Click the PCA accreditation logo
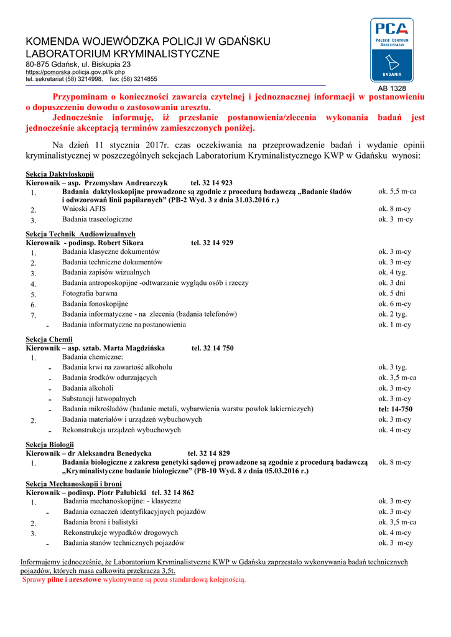(x=391, y=50)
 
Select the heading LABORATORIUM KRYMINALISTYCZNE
(x=123, y=54)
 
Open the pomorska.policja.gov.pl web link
(x=75, y=72)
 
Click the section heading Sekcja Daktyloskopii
(x=59, y=174)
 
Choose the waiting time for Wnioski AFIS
(x=394, y=209)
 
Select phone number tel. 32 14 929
(x=212, y=243)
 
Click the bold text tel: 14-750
(x=395, y=409)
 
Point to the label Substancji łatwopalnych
(x=99, y=399)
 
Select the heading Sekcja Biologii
(x=50, y=445)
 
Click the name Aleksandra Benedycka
(x=115, y=453)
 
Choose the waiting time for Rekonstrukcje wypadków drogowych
(x=394, y=532)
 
